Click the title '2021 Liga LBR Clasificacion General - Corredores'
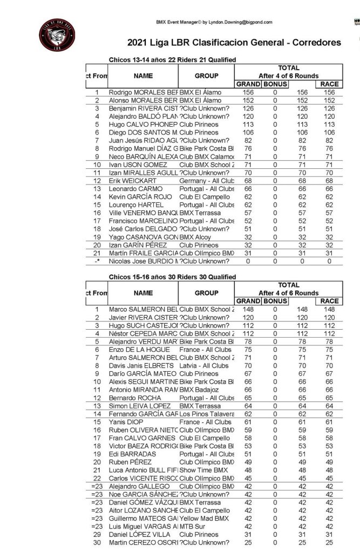234,42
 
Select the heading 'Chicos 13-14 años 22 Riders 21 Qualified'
172,60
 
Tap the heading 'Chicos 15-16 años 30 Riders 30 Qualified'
172,277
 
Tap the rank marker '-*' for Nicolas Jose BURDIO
97,261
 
